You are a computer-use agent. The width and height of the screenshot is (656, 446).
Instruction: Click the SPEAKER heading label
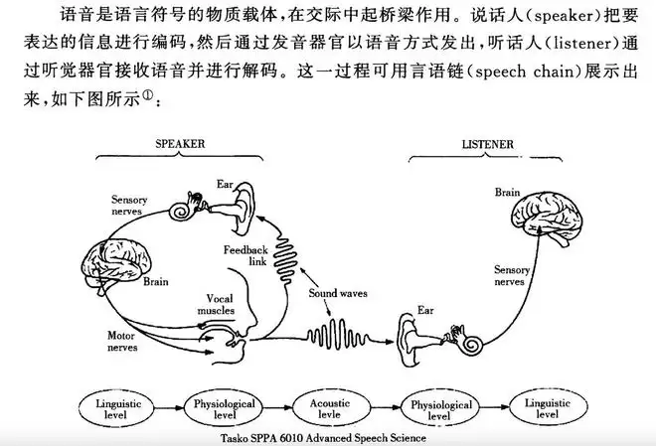point(180,144)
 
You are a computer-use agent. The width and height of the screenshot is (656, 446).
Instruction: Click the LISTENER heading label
point(488,145)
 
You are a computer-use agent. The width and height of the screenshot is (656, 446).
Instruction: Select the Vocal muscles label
point(221,305)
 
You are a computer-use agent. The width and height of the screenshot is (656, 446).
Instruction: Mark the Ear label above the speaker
point(226,184)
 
